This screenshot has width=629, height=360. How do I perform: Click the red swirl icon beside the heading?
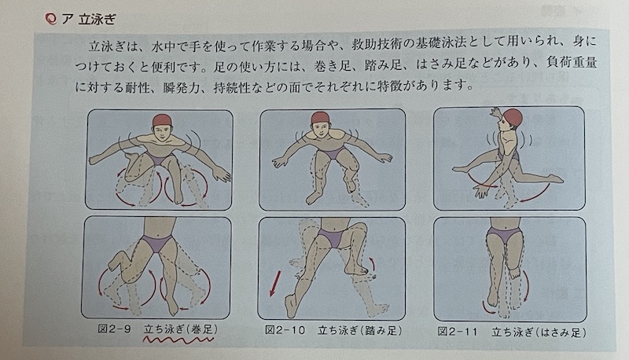coord(50,19)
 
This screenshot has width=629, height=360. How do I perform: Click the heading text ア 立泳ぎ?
coord(89,19)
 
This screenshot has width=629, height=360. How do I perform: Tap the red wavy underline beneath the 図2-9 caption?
coord(178,341)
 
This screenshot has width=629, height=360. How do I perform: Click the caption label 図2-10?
coord(285,330)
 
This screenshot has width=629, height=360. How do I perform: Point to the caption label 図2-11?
coord(458,332)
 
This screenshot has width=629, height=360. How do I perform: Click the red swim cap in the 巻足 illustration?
coord(162,120)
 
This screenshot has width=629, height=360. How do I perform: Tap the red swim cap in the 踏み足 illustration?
coord(321,117)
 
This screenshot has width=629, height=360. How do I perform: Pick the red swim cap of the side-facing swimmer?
coord(513,116)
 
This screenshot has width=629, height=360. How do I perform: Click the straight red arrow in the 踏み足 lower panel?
coord(275,283)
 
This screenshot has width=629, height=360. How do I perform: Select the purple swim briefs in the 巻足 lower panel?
coord(157,243)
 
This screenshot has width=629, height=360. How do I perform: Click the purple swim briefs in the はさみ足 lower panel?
coord(504,235)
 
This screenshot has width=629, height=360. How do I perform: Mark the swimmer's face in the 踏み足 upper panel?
coord(320,129)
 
